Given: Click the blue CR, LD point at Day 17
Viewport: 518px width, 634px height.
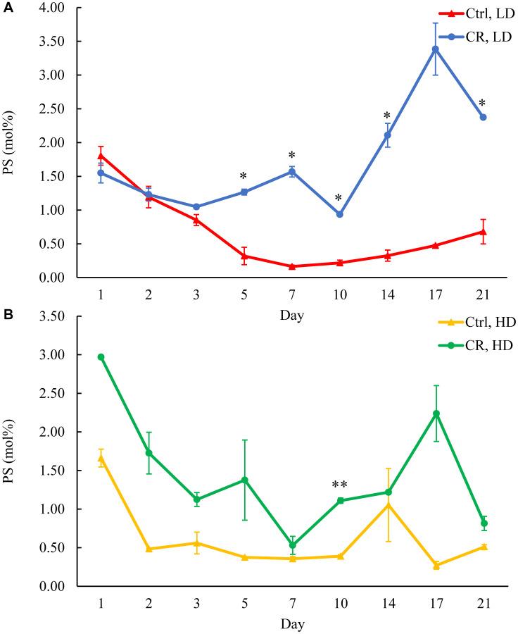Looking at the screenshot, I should (x=436, y=49).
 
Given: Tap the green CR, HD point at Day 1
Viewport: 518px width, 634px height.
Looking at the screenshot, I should (x=101, y=357).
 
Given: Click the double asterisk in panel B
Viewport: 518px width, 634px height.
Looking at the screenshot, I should (x=340, y=485).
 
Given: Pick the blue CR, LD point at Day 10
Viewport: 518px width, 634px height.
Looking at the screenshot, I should (x=339, y=214).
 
